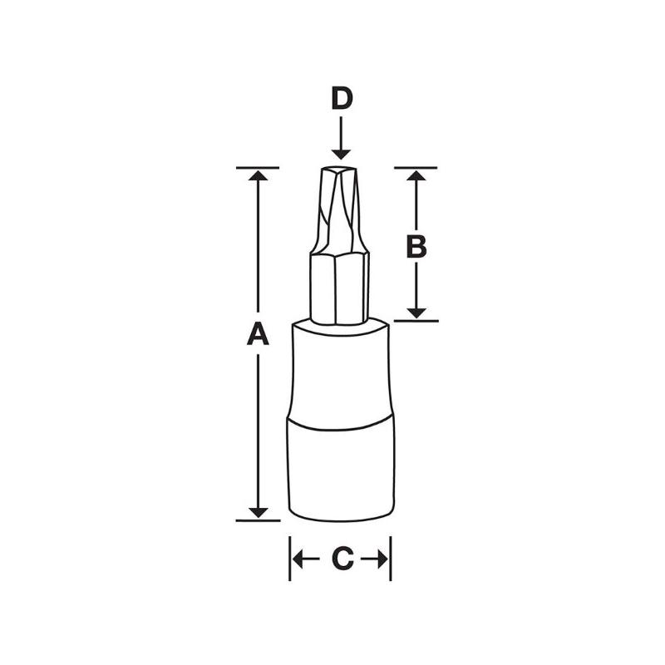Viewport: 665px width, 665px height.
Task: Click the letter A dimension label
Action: point(259,335)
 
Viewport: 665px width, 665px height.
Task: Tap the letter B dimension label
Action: point(416,246)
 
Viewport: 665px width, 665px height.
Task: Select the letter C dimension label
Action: point(341,559)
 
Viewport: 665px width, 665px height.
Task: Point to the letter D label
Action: point(341,99)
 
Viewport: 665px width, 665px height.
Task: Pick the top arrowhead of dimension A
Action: point(259,176)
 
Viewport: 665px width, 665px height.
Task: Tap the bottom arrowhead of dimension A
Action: point(259,512)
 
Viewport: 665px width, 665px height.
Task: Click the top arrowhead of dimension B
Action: point(416,175)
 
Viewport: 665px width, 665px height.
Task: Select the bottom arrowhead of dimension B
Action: point(416,313)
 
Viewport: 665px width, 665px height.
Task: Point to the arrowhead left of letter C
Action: point(298,559)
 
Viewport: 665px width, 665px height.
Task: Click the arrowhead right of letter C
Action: point(383,559)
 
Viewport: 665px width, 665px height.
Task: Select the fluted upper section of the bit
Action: point(340,212)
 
